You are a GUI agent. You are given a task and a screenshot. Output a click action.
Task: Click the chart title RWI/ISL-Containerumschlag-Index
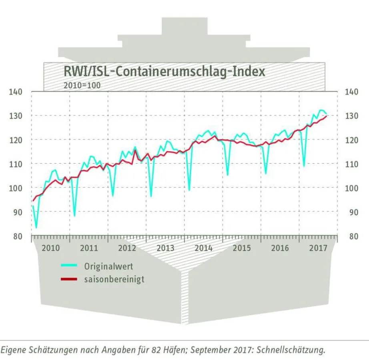point(164,71)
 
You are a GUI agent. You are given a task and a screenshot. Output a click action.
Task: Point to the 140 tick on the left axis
point(16,92)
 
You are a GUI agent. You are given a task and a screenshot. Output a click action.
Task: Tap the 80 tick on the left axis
point(18,236)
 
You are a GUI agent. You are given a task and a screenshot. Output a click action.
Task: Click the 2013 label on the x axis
point(165,248)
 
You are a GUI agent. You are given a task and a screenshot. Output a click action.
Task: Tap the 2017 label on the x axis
point(318,248)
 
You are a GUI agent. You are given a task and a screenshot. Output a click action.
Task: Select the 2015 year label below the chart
point(242,248)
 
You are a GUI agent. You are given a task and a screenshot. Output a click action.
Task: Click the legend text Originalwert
point(108,266)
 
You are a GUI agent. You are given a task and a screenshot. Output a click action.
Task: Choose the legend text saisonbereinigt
point(114,279)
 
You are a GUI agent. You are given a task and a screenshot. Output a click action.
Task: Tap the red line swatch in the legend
point(68,279)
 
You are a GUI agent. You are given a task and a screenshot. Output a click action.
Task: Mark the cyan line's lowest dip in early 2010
point(36,228)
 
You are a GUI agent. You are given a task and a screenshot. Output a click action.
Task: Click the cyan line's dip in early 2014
point(189,190)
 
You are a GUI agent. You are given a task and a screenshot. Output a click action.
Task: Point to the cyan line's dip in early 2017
point(304,166)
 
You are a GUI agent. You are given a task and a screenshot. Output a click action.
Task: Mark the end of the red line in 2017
point(327,116)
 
